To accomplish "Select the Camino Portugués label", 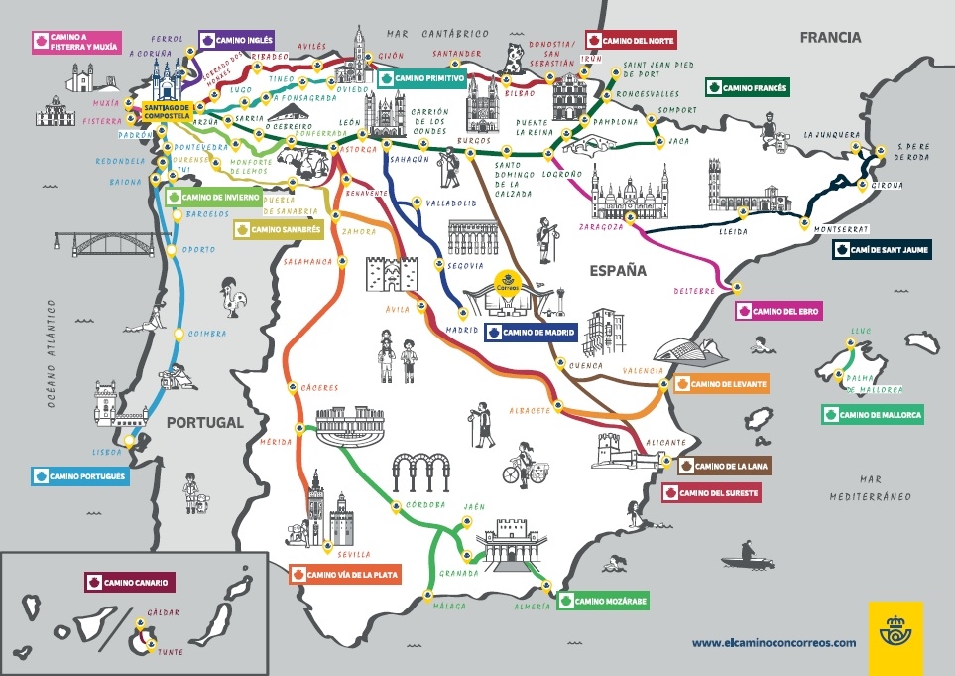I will (80, 476).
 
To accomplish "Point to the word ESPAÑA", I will (618, 270).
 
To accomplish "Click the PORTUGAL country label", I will (204, 422).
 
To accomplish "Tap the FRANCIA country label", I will (831, 38).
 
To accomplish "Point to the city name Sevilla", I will (354, 554).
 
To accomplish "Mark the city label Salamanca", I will (307, 261).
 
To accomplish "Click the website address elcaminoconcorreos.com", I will (774, 642).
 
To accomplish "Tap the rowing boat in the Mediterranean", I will (745, 557).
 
